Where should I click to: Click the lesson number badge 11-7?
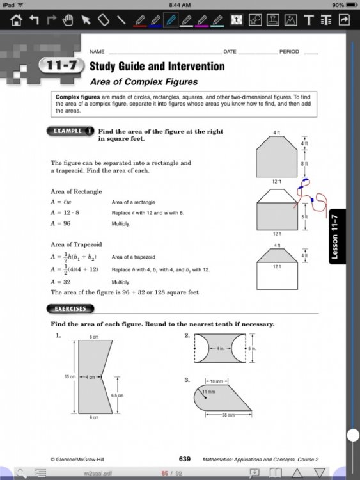click(61, 66)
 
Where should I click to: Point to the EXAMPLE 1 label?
click(70, 131)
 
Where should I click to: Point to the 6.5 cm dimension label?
click(117, 396)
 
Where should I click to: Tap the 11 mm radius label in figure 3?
click(208, 391)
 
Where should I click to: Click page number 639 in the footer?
click(185, 459)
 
